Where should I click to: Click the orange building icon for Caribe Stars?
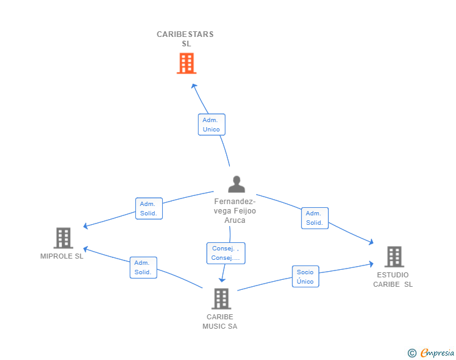187,63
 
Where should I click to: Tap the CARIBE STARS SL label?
185,39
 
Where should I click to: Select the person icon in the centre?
236,184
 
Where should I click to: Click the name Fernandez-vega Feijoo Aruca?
235,211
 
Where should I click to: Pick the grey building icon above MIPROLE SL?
63,238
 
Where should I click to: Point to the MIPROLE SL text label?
61,256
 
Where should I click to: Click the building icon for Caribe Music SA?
221,299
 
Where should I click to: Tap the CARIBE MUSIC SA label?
220,322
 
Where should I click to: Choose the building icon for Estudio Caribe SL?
395,257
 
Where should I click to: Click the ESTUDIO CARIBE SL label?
393,279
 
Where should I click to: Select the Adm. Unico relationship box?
212,125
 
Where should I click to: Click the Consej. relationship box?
226,254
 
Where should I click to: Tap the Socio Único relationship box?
306,277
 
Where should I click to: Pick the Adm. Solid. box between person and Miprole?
149,208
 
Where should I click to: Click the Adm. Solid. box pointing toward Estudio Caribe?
315,218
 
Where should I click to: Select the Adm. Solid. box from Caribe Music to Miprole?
143,267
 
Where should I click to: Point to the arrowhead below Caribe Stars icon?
194,86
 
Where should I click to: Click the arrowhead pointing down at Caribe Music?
222,280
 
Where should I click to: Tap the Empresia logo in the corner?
437,352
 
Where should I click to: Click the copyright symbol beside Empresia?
412,353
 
